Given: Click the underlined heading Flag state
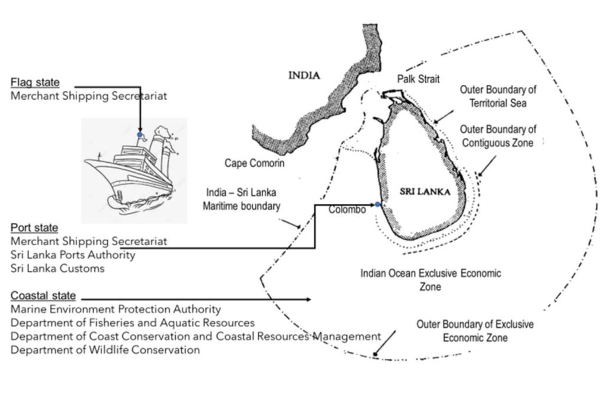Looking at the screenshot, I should [x=35, y=83].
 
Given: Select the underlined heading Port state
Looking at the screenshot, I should [x=35, y=228].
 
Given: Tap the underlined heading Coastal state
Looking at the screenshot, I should [x=43, y=295].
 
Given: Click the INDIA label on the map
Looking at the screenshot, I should [x=304, y=75].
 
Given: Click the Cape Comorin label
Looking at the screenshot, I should [x=254, y=163].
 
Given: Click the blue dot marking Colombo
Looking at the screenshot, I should [x=378, y=205].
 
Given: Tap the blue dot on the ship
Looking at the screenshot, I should [x=140, y=135].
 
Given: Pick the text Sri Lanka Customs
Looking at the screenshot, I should [x=57, y=269].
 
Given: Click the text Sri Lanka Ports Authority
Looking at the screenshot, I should [x=73, y=255].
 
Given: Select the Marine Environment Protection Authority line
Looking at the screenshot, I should [x=116, y=309].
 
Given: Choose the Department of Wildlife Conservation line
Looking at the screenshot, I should [x=105, y=350].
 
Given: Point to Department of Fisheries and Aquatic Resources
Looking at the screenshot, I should [x=133, y=323].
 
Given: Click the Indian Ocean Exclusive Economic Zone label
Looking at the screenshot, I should [x=431, y=279].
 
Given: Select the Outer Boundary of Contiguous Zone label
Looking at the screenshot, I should [x=498, y=136].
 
